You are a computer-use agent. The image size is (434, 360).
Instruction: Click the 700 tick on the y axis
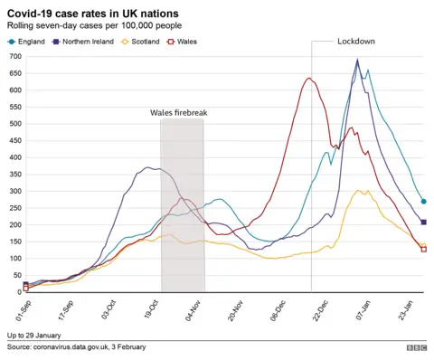(x=14, y=57)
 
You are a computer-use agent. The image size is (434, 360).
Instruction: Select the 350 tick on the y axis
(x=14, y=175)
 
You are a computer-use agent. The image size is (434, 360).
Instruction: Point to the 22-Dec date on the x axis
(x=318, y=310)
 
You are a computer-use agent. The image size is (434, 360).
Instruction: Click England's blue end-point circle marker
(x=424, y=202)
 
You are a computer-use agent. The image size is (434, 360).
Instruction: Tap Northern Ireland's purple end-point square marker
(x=424, y=223)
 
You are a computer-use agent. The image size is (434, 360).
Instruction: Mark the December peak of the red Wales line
(x=308, y=79)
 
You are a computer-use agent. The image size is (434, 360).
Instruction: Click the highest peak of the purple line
(x=357, y=61)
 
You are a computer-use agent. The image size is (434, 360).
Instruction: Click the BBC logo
(x=416, y=347)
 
